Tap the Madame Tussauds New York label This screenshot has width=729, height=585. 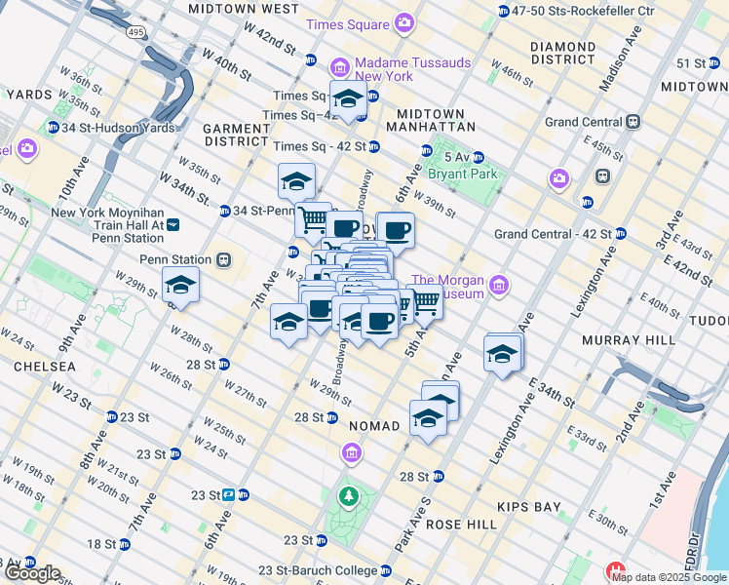pyautogui.click(x=400, y=68)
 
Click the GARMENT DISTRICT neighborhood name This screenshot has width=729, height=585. pyautogui.click(x=235, y=135)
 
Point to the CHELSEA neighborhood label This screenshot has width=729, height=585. pyautogui.click(x=45, y=366)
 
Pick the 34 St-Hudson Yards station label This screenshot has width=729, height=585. pyautogui.click(x=110, y=128)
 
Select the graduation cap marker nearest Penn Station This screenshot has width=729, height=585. pyautogui.click(x=180, y=286)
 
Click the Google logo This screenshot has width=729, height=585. pyautogui.click(x=31, y=573)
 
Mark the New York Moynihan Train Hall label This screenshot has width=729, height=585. pyautogui.click(x=107, y=225)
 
